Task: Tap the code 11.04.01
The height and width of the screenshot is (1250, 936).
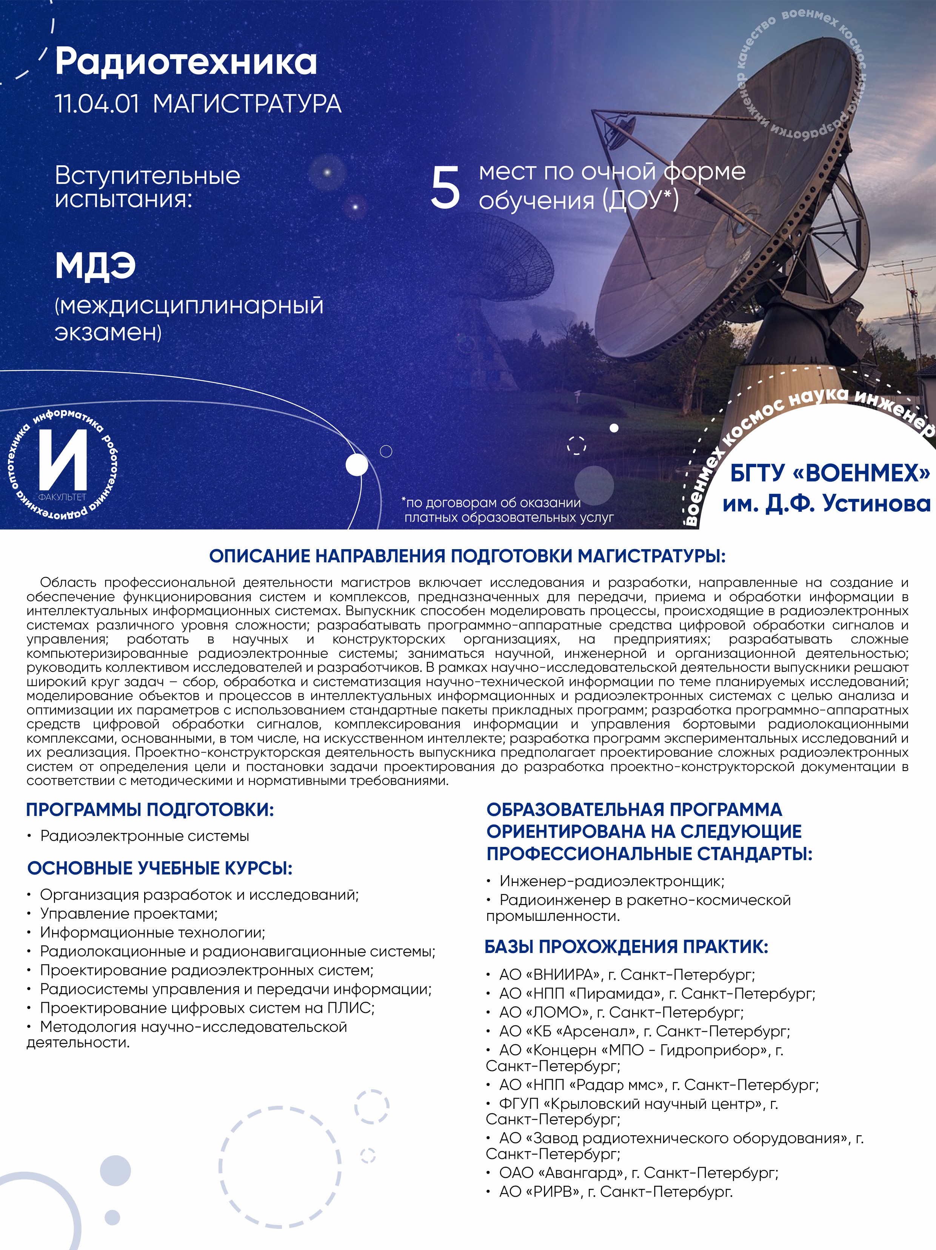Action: (97, 104)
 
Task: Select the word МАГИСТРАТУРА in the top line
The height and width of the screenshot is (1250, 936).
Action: (247, 104)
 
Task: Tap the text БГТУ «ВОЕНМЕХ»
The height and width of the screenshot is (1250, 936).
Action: (829, 473)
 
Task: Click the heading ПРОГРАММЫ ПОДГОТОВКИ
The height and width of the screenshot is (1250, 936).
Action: (150, 810)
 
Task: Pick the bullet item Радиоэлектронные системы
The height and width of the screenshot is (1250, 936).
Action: (145, 836)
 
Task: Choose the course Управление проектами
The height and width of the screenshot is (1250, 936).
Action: (129, 914)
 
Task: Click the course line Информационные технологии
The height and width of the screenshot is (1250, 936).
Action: (152, 933)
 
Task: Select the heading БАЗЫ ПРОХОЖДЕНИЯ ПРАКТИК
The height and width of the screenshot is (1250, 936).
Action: (626, 947)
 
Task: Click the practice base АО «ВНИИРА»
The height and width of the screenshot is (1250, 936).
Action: (550, 975)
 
